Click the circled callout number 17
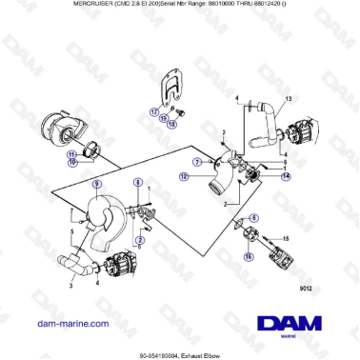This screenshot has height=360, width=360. (x=151, y=111)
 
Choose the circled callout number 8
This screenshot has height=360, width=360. (x=137, y=182)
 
